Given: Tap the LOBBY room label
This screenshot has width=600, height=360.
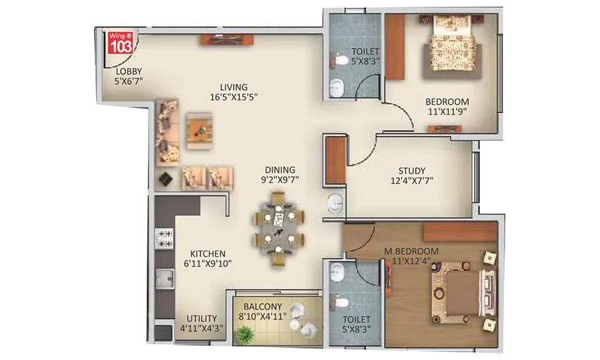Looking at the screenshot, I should click(128, 71).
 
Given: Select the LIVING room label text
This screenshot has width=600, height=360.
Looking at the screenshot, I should click(234, 87).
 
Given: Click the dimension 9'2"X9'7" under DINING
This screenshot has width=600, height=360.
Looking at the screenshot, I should click(279, 180).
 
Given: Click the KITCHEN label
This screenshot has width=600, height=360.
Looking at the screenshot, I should click(207, 254).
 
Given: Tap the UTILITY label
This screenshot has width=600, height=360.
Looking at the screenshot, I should click(201, 319).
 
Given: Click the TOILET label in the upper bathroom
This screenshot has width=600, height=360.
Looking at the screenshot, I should click(366, 51).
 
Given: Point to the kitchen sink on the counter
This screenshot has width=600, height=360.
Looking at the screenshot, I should click(164, 279).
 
